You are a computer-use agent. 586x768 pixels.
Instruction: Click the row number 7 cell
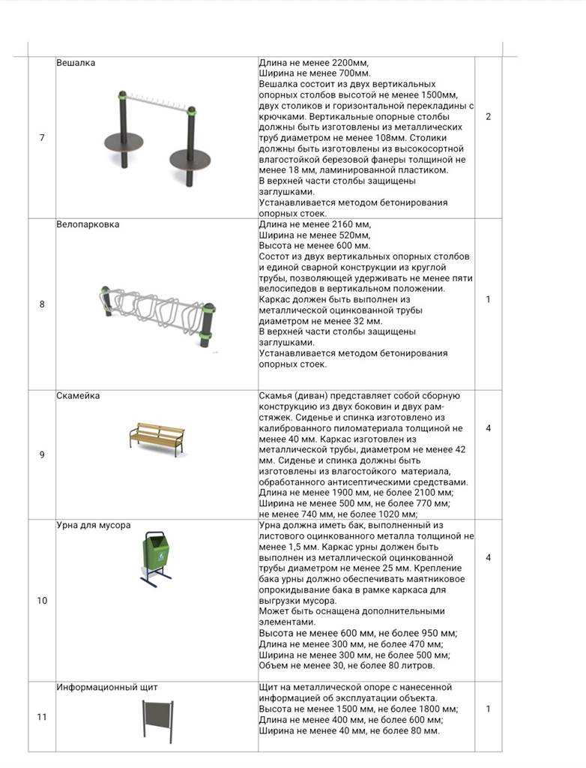tap(42, 137)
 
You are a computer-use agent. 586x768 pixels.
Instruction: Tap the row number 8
tap(42, 304)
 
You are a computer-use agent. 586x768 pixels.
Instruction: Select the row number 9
tap(42, 454)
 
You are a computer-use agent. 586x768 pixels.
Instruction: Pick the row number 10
tap(42, 600)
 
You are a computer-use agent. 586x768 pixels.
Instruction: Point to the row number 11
tap(42, 716)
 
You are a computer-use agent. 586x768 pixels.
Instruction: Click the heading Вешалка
tap(76, 63)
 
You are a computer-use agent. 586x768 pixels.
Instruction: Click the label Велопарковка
tap(88, 224)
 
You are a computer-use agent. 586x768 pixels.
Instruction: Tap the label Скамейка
tap(78, 396)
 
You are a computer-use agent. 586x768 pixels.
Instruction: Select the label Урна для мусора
tap(94, 525)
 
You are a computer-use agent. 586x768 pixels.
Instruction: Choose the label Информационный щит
tap(107, 687)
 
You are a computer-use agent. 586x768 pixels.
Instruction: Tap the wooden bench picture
tap(157, 439)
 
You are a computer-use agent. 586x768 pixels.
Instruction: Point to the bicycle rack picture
tap(157, 309)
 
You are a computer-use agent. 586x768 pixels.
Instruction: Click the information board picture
tap(157, 719)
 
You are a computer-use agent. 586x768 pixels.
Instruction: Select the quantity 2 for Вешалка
tap(489, 117)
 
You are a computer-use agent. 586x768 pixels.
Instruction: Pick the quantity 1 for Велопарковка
tap(489, 299)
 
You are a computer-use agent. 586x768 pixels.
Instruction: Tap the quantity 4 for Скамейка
tap(489, 428)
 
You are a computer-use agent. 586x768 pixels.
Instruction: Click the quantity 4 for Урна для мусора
tap(489, 557)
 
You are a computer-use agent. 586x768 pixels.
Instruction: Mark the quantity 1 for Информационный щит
tap(489, 709)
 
